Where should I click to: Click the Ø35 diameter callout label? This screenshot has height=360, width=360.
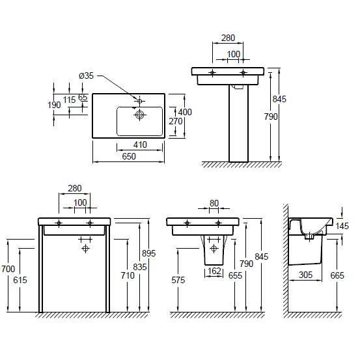[x=87, y=76]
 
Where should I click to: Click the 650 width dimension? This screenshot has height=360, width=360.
[x=129, y=156]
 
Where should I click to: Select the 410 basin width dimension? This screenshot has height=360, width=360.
[x=140, y=145]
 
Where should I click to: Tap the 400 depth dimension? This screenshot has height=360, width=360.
[x=185, y=112]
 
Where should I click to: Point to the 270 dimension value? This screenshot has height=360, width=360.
[x=176, y=121]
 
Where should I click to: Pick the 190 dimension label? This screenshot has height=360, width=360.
[x=54, y=105]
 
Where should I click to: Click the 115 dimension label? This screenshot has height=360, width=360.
[x=69, y=100]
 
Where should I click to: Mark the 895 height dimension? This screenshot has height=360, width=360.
[x=149, y=253]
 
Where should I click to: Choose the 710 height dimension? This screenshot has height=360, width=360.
[x=128, y=275]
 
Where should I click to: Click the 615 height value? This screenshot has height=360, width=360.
[x=20, y=280]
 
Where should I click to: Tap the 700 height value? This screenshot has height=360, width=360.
[x=8, y=269]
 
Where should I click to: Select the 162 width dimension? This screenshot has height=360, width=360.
[x=214, y=271]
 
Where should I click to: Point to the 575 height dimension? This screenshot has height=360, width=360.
[x=178, y=280]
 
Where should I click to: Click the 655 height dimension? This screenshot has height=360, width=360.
[x=235, y=275]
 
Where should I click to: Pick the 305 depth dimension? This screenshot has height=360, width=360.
[x=306, y=275]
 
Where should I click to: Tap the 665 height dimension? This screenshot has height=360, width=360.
[x=337, y=275]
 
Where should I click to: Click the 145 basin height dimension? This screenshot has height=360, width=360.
[x=342, y=226]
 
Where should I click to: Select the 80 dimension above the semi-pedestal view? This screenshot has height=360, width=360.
[x=214, y=203]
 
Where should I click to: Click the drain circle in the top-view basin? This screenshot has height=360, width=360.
[x=139, y=115]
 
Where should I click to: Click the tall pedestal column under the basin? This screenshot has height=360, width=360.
[x=238, y=123]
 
